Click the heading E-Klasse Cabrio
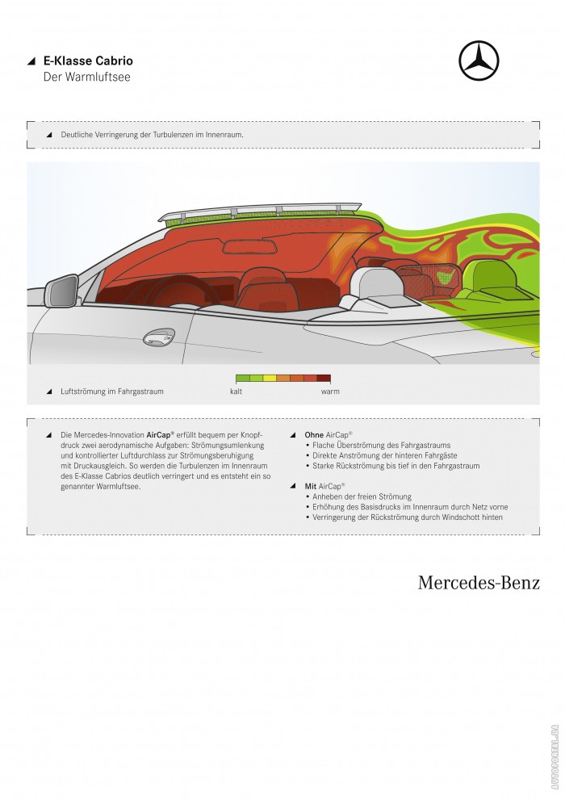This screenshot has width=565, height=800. pyautogui.click(x=88, y=61)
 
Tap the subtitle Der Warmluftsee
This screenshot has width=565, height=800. pyautogui.click(x=86, y=77)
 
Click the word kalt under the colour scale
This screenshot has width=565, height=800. pyautogui.click(x=236, y=392)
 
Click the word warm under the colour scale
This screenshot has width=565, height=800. pyautogui.click(x=329, y=392)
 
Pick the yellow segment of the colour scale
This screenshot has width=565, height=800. pyautogui.click(x=270, y=378)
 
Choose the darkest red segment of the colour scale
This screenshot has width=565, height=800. pyautogui.click(x=324, y=378)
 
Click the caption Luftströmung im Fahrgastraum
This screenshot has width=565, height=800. pyautogui.click(x=112, y=392)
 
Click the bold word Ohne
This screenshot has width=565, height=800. pyautogui.click(x=313, y=434)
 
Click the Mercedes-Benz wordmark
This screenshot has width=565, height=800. pyautogui.click(x=479, y=583)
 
